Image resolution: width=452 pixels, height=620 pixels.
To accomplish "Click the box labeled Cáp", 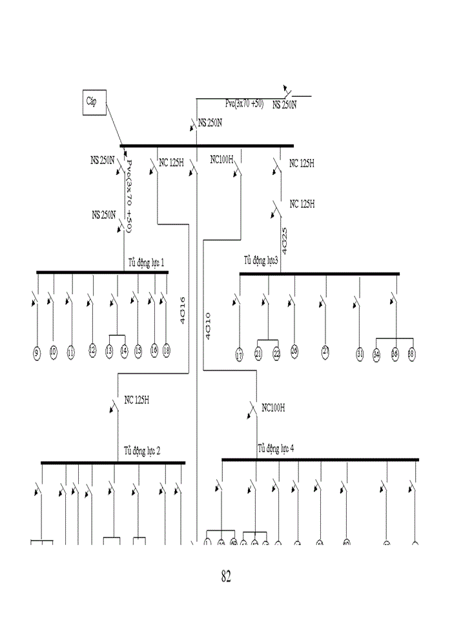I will coord(94,102).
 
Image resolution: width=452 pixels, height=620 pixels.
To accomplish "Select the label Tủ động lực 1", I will coord(146,263).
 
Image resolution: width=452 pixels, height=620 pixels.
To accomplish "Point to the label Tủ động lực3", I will coord(261,261).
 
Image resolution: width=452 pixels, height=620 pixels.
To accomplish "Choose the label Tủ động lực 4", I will coord(276,448).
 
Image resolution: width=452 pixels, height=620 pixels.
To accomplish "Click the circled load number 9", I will coord(37,352).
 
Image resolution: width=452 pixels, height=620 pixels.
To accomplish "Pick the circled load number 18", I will coord(167,351).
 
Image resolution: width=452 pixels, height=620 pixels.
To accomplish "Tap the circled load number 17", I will coord(239,355).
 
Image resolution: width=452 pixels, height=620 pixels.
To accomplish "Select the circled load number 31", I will coord(360,353).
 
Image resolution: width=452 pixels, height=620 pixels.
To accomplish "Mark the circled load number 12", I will coord(92,351).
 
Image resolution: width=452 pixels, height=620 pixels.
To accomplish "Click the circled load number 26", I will coord(294,352).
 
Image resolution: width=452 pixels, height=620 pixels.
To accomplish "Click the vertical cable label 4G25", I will coord(284,239).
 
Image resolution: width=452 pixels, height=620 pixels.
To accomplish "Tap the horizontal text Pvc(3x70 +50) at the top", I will coord(244,103).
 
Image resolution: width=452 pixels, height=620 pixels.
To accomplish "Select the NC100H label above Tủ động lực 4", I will coord(273,408).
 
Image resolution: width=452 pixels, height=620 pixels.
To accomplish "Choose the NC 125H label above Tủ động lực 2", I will coord(138,400).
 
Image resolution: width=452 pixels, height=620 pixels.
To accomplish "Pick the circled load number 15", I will coord(138,351).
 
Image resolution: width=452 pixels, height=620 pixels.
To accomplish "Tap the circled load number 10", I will coord(54,352).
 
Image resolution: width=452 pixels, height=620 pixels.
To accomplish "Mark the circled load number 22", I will coord(276,354).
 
